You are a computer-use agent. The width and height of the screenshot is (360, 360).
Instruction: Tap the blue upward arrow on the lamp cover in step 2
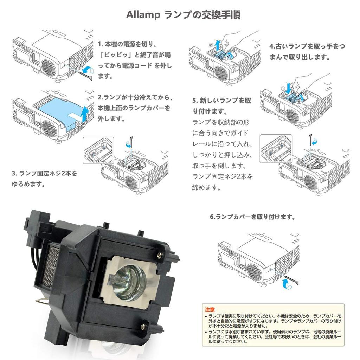click(84, 113)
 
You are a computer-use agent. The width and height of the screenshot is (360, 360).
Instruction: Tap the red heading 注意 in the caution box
click(210, 309)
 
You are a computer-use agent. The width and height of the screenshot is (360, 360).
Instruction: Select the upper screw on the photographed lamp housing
click(160, 254)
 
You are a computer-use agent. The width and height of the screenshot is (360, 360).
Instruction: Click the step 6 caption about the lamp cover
click(252, 217)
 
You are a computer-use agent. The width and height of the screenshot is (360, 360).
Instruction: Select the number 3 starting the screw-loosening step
click(14, 174)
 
